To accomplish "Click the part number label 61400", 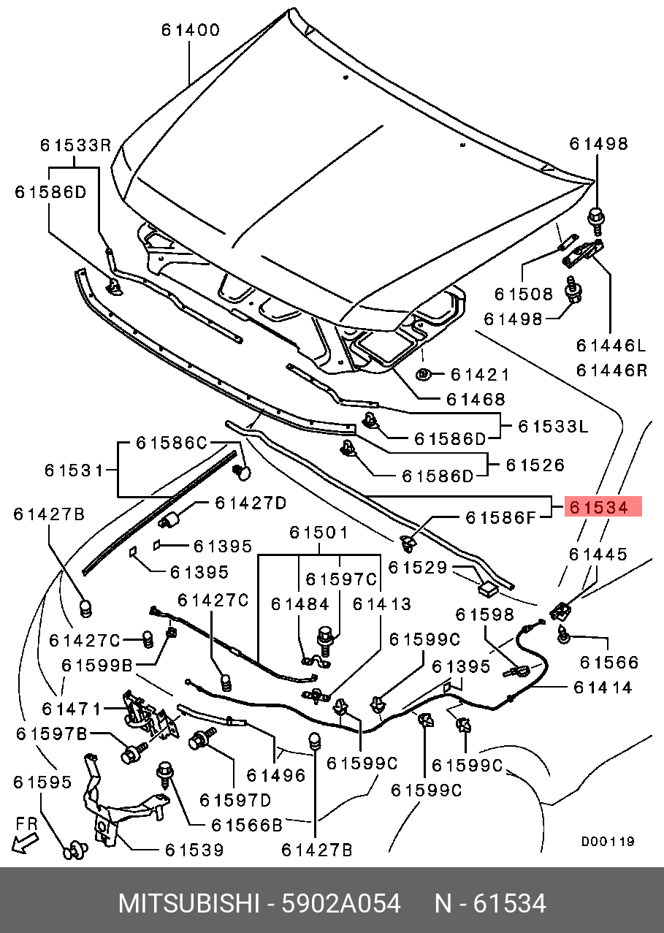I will pos(191,30).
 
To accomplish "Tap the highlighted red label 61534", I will pos(603,506).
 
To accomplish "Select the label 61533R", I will pos(75,145).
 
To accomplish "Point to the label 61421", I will pos(479,375).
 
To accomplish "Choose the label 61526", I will pos(535,465).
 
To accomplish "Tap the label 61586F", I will pos(501,517).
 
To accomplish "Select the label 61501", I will pos(318,533).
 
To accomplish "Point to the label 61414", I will pos(603,688).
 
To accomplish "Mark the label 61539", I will pos(194,850).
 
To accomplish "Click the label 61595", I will pos(42,782).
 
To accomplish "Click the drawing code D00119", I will pos(608,842).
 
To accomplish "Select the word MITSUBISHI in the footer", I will pos(188,904).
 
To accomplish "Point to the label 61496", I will pos(275,775).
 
